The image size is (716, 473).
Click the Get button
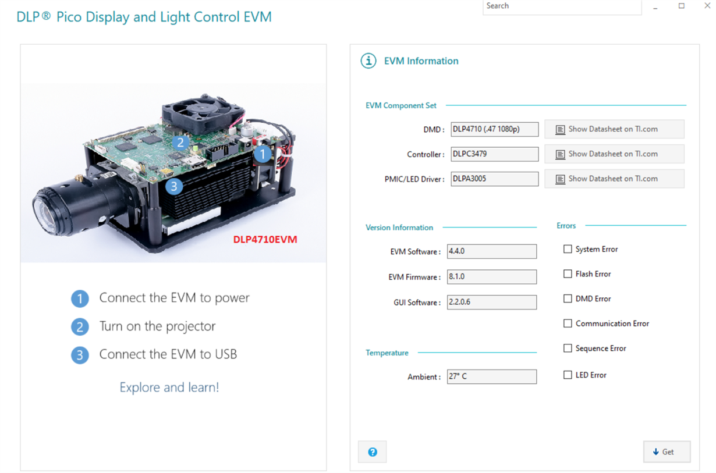pos(667,452)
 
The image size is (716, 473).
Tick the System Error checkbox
pos(568,249)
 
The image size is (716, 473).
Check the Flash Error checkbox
pos(568,274)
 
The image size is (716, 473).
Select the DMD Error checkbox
pos(568,298)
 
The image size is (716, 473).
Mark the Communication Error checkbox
pos(568,323)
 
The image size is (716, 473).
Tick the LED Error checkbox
pos(568,375)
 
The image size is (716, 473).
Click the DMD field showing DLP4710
pos(494,129)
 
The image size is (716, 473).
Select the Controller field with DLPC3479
pos(494,154)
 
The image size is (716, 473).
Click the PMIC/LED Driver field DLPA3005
pos(494,179)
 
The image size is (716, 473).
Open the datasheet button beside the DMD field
pos(614,129)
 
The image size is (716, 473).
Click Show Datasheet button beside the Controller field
pos(614,154)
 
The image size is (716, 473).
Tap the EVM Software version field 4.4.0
pos(491,251)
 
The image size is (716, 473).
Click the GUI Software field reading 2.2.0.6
pos(491,302)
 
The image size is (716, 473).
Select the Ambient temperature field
pos(491,376)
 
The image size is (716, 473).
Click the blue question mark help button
pos(373,452)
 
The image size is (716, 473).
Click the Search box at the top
pos(562,6)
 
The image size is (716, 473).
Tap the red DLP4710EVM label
pos(265,239)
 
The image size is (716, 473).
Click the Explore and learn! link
pos(169,387)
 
